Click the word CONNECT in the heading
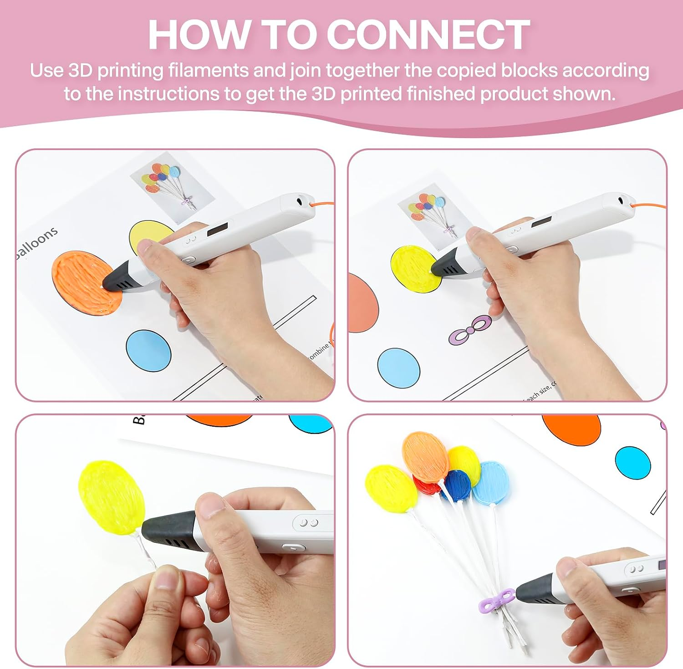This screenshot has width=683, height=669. tap(428, 35)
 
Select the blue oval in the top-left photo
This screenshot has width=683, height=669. tap(148, 350)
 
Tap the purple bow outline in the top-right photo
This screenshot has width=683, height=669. tap(470, 330)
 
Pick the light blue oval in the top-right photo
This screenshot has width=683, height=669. tap(399, 368)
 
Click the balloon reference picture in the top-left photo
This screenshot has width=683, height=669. tap(172, 186)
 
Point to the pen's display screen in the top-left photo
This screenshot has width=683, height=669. tap(218, 229)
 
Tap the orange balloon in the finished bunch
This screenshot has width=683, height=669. tap(426, 457)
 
